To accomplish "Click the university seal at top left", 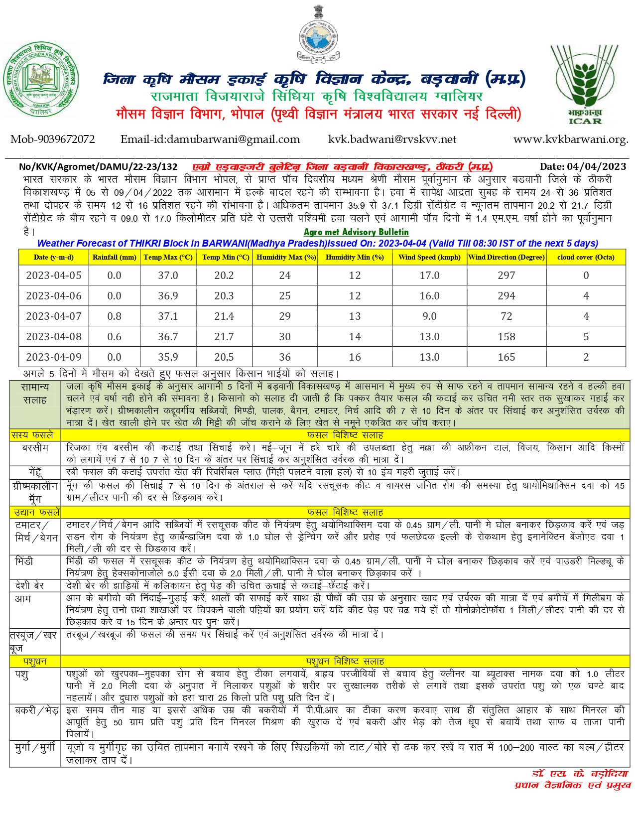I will click(41, 79).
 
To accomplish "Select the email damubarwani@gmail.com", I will click(210, 139).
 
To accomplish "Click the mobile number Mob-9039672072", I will click(53, 139).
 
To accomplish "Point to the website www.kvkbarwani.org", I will click(571, 139).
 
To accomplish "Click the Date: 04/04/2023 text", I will click(583, 166).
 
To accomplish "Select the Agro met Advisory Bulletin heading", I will click(356, 232).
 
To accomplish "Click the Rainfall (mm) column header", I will click(114, 257).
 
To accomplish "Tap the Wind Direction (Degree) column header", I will click(507, 257).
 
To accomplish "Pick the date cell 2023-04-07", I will click(54, 316).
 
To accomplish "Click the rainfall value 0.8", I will click(114, 316).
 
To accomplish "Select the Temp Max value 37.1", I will click(168, 316).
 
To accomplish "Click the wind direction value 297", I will click(507, 275).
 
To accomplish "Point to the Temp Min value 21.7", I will click(224, 337).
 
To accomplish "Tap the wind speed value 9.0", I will click(429, 316).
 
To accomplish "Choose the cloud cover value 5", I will click(586, 337).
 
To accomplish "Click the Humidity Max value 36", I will click(285, 357).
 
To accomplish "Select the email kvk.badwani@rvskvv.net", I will click(392, 139).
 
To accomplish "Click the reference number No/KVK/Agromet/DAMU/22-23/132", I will click(98, 167).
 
